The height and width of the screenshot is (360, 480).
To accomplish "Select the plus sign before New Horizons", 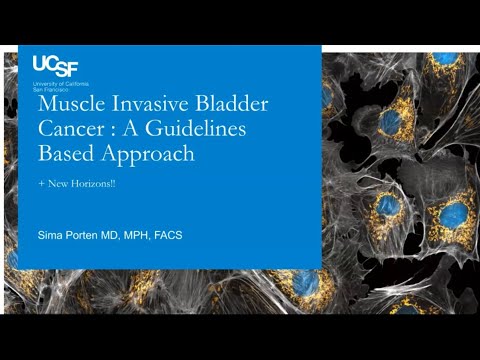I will (x=40, y=185).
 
